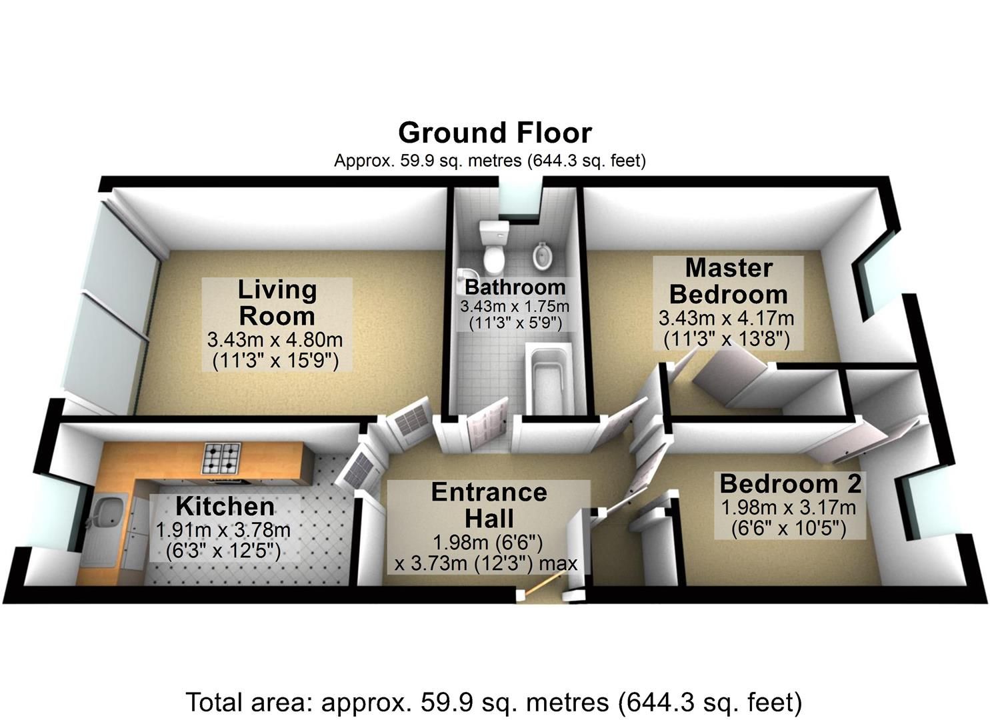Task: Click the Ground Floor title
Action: click(x=495, y=133)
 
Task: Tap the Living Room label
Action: click(x=277, y=303)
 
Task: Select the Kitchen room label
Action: click(x=225, y=507)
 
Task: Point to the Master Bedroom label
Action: click(x=729, y=281)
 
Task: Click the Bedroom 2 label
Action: click(x=791, y=483)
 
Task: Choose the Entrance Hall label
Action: click(x=489, y=505)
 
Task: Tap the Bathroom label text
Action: click(x=515, y=287)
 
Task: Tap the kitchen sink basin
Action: click(x=107, y=511)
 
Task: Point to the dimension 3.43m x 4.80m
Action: click(x=275, y=340)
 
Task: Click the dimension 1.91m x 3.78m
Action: click(x=223, y=530)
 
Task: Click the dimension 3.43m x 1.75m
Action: click(x=515, y=306)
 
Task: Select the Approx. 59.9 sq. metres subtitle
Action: click(x=490, y=161)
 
